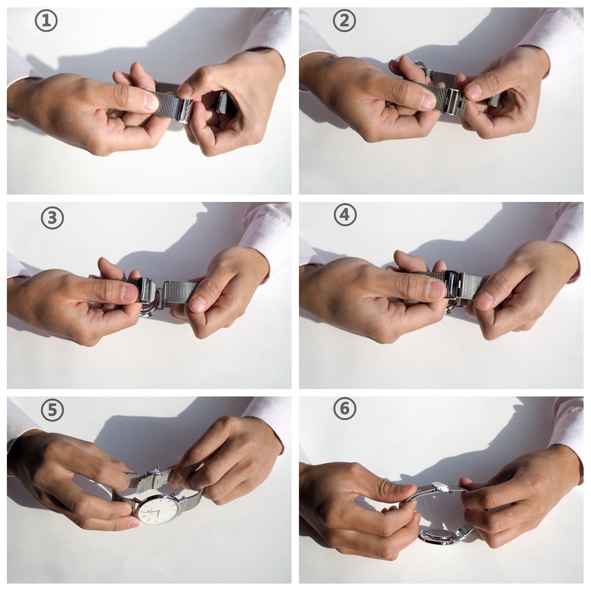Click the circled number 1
click(x=46, y=21)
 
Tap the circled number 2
click(x=344, y=21)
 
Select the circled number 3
click(x=52, y=218)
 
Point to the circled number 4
click(x=345, y=214)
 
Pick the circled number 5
click(x=52, y=410)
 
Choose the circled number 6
click(x=345, y=408)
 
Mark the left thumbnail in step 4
click(x=437, y=290)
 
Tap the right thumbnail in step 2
click(x=474, y=91)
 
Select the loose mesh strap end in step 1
click(x=222, y=102)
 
